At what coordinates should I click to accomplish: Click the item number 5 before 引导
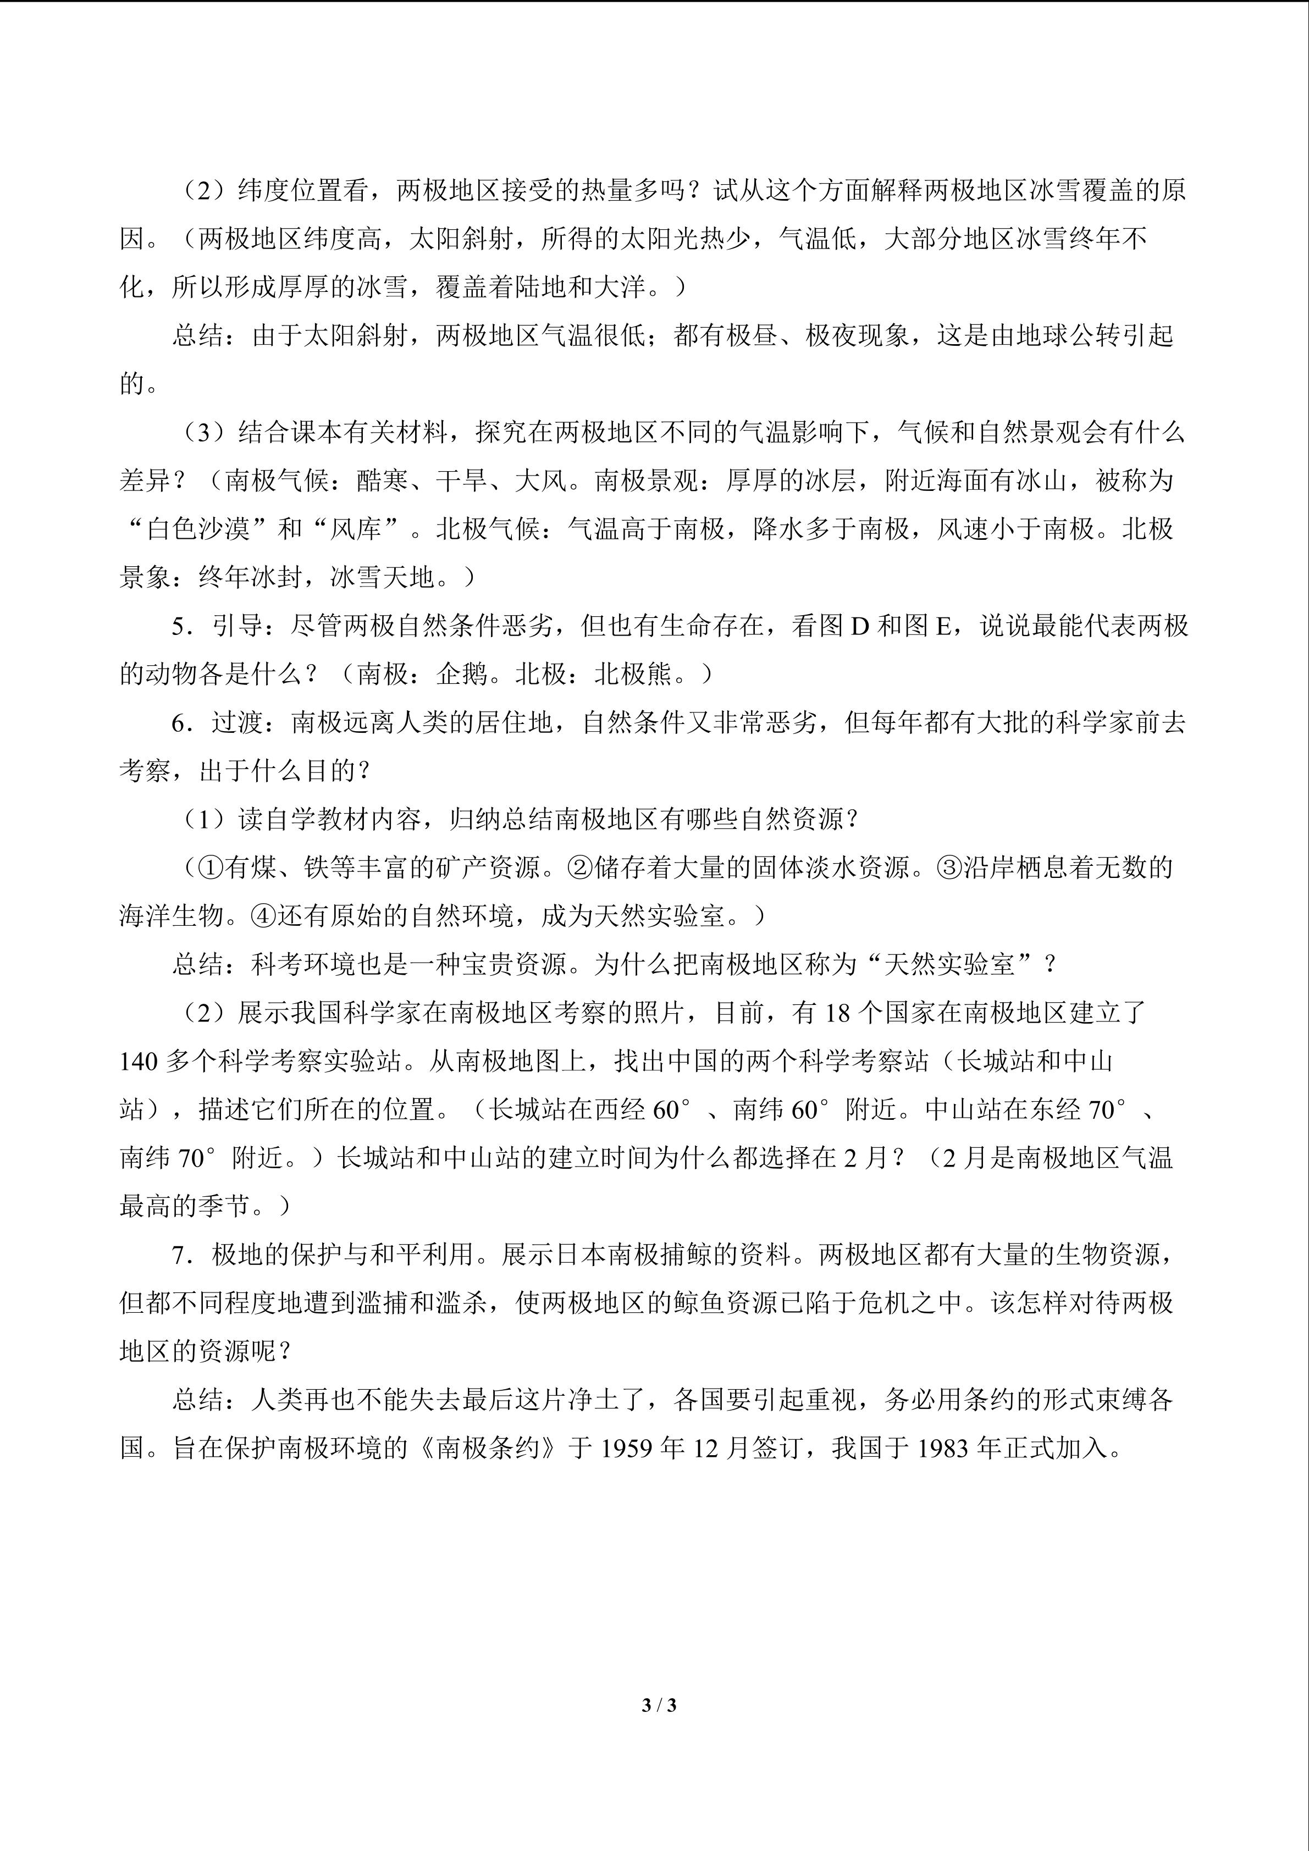point(178,626)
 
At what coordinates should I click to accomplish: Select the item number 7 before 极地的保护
point(178,1255)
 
